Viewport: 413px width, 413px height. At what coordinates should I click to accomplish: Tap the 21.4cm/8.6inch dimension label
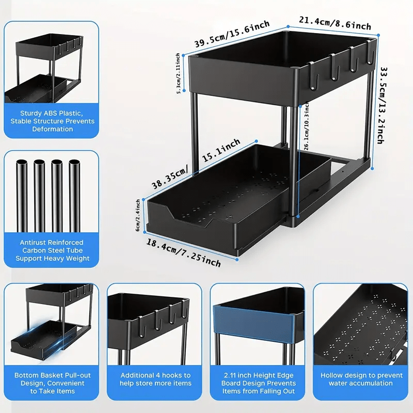coord(335,23)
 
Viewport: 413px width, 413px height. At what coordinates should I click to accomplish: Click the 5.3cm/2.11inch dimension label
coord(179,73)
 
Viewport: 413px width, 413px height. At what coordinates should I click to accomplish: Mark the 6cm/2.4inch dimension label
coord(138,216)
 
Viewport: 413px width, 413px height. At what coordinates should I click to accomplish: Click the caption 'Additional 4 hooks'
coord(155,379)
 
